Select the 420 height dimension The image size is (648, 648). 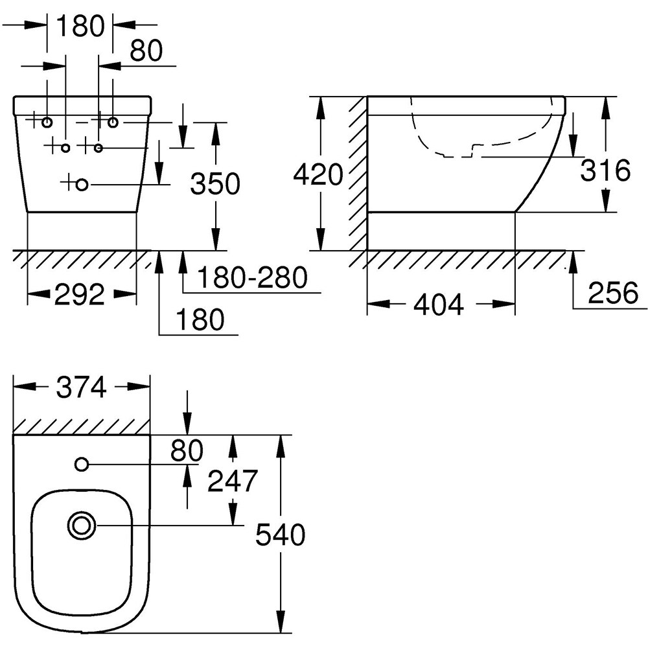coord(318,174)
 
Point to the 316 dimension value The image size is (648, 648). coord(605,171)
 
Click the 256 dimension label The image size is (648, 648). coord(613,293)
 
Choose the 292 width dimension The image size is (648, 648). coord(80,295)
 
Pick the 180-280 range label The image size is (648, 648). coord(251,279)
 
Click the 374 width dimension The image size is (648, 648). coord(81,388)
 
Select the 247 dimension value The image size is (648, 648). coord(233,481)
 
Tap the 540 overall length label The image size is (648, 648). coord(280,535)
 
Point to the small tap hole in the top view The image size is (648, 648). coord(82,464)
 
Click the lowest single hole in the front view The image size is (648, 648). coord(82,185)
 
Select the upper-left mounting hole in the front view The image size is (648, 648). coord(47,122)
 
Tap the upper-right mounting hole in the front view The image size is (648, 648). coord(113,122)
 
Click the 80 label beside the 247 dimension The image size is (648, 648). coord(187,449)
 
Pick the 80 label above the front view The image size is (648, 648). coord(145,52)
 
